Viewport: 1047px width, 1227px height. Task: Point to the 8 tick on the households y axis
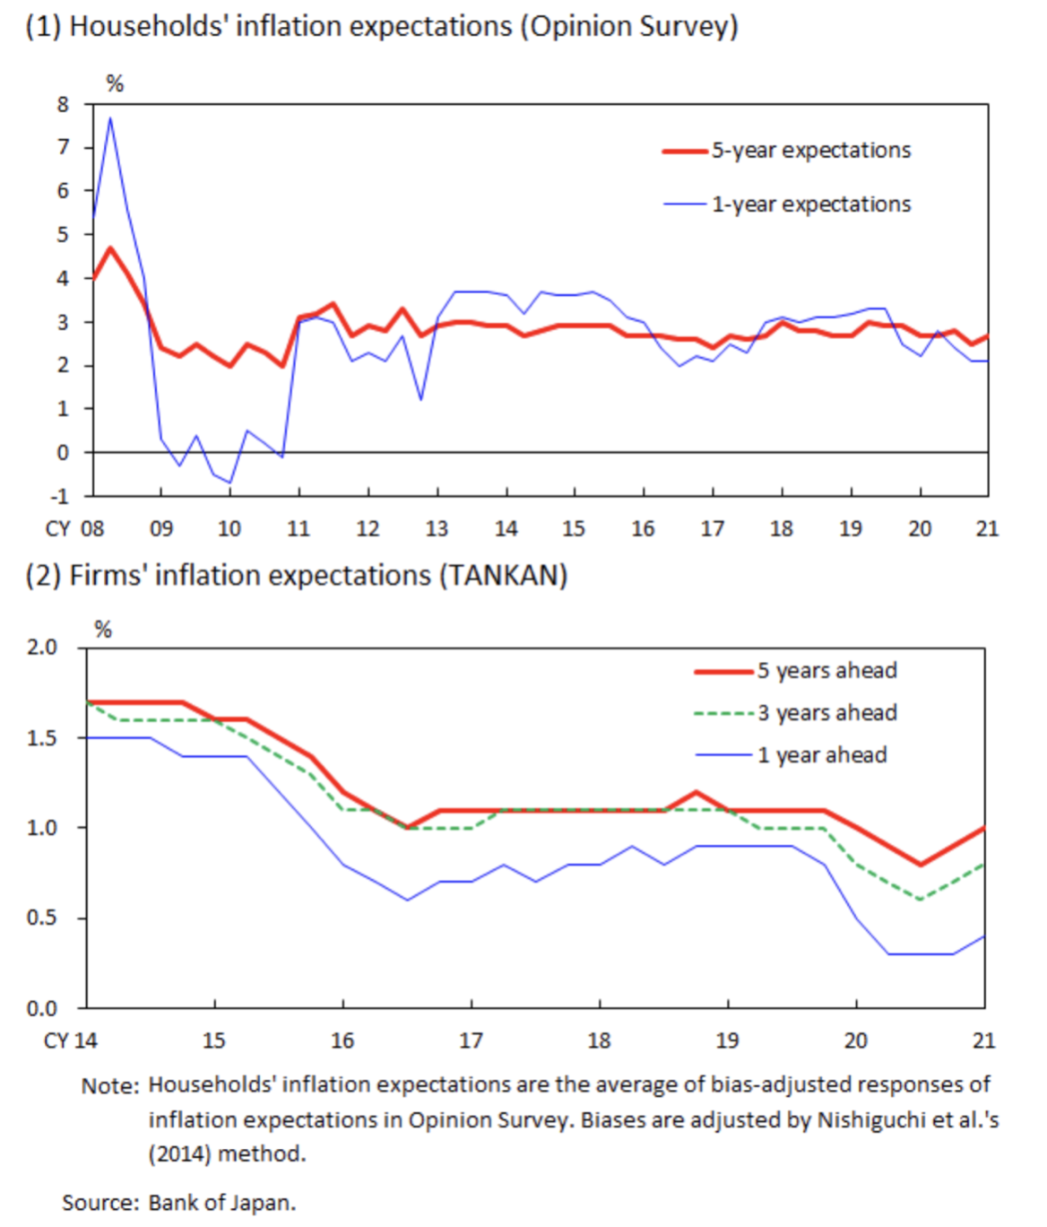[x=63, y=105]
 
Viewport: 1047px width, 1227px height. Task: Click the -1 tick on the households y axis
[x=59, y=496]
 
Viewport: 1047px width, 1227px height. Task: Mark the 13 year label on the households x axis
[x=437, y=529]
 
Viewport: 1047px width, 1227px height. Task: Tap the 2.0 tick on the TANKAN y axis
[x=41, y=648]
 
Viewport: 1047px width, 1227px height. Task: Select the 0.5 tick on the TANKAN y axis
[x=41, y=918]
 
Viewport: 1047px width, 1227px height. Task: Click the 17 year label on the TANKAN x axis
[x=471, y=1040]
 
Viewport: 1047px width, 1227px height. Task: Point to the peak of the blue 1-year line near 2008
[x=110, y=117]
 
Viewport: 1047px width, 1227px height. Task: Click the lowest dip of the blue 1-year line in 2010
[x=230, y=483]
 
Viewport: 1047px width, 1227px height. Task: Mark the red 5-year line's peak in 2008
[x=110, y=248]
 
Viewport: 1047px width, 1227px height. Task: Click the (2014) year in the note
[x=179, y=1153]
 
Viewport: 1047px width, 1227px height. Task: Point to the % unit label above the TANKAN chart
[x=104, y=630]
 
